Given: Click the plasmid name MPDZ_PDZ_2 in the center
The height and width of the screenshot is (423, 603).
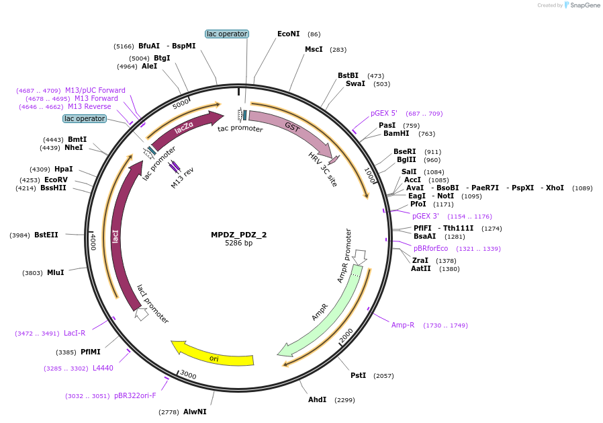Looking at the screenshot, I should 238,235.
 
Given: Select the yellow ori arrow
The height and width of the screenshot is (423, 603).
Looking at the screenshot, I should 214,356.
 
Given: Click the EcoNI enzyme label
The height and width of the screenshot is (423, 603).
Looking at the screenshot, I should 289,34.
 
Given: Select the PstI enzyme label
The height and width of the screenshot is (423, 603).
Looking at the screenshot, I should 359,375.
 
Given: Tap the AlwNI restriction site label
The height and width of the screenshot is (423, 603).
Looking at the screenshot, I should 195,412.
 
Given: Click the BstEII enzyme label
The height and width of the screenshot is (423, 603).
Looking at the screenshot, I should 46,235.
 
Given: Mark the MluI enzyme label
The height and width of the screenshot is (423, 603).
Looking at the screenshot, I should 55,272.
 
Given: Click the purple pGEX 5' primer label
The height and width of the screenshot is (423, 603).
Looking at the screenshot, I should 384,113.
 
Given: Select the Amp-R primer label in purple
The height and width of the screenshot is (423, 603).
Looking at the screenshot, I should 403,325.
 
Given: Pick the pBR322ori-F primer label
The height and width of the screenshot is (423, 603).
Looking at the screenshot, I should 135,395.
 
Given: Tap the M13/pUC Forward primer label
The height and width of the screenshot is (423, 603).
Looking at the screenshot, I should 95,90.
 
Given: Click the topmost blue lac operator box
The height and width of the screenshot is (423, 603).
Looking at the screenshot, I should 227,34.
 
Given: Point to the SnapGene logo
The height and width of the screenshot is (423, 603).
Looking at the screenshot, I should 582,5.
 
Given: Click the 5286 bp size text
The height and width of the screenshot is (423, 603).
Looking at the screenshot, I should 238,243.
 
